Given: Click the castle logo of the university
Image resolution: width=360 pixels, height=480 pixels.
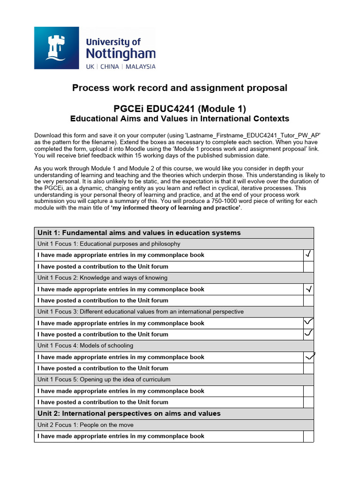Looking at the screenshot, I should tap(57, 48).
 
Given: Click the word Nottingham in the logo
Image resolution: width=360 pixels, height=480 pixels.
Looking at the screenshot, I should tap(120, 54).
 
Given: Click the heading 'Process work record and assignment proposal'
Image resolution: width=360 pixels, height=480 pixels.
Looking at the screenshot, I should tap(180, 88).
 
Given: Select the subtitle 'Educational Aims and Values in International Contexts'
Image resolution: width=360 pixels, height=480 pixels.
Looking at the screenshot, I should tap(180, 119).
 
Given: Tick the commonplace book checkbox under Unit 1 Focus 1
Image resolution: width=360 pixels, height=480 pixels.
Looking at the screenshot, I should tap(308, 255).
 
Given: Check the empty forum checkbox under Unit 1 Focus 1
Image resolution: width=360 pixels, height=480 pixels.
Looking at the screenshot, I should tap(308, 266).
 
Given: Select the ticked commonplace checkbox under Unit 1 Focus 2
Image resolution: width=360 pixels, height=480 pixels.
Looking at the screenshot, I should tap(308, 289).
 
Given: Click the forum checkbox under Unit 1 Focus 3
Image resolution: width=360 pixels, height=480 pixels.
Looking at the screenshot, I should tap(308, 334).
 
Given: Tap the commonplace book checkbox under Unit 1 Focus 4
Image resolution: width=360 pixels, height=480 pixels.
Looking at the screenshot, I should tap(308, 357).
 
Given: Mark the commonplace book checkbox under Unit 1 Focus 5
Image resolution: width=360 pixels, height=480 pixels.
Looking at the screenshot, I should tap(308, 391).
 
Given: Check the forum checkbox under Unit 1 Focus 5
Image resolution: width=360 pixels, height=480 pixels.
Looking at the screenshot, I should tap(308, 402).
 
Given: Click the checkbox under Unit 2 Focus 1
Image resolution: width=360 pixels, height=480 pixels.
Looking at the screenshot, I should tap(308, 436).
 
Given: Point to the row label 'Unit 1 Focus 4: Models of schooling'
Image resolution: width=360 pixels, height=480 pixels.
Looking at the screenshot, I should tap(85, 345).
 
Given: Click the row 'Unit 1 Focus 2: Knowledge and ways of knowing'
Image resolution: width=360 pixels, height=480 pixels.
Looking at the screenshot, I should tap(103, 277).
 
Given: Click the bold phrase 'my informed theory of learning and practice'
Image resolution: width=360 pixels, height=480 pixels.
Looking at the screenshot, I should tap(176, 208).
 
